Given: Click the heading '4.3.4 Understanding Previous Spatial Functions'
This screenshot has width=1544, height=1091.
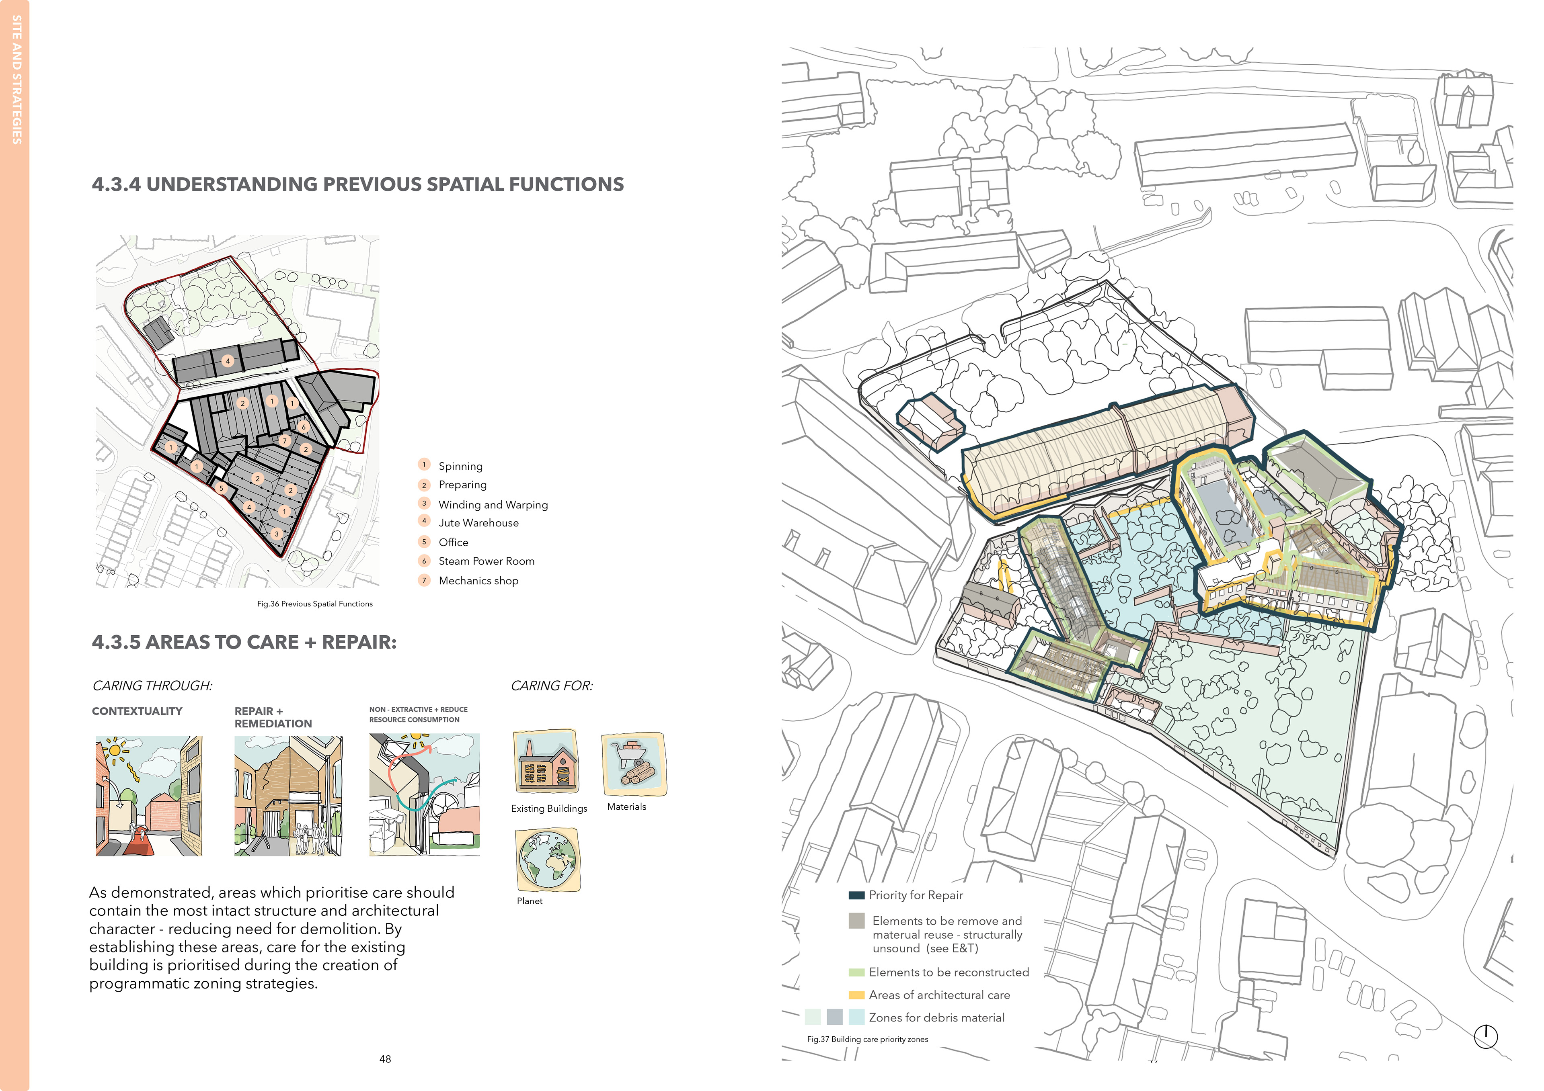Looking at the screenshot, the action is tap(358, 184).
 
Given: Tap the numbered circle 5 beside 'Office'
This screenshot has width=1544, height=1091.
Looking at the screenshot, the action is tap(424, 542).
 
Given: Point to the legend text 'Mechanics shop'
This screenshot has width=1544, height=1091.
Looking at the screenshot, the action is tap(478, 581).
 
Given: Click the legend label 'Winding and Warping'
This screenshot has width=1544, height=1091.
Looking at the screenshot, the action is tap(493, 505).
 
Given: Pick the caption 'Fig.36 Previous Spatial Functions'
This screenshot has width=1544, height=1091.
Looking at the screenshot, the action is tap(315, 604).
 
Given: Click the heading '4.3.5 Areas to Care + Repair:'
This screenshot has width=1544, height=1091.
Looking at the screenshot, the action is tap(244, 642).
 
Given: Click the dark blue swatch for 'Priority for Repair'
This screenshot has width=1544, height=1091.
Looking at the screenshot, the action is tap(856, 895).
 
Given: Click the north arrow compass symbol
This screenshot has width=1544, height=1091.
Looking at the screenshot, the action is tap(1485, 1036).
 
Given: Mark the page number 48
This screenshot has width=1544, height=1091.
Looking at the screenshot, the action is tap(385, 1059).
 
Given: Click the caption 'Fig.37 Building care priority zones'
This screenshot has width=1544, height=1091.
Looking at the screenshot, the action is tap(867, 1039).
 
